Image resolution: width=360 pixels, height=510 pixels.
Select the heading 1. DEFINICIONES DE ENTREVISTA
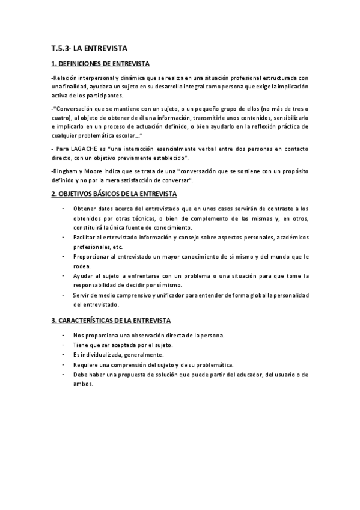coord(100,64)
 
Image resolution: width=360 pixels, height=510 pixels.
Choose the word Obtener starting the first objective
coord(85,209)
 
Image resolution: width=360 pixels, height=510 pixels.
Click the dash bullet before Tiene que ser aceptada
coord(64,345)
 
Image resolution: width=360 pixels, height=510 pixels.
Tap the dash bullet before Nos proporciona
coord(64,335)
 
